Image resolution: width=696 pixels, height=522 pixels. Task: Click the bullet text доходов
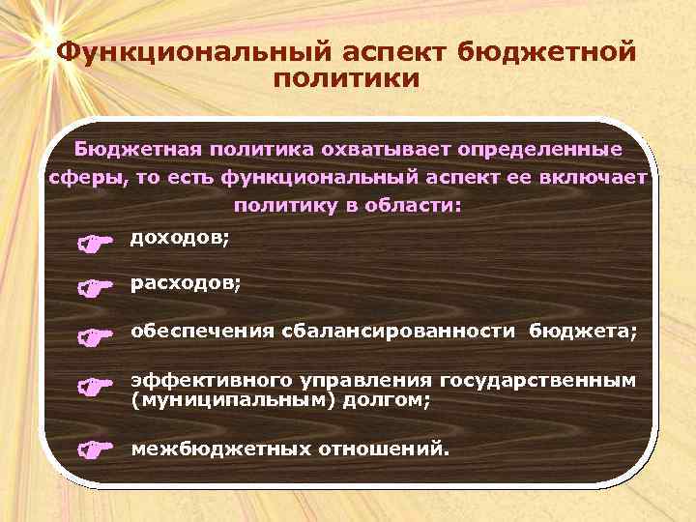click(x=180, y=238)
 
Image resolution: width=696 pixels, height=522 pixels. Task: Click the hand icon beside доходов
click(x=95, y=243)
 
